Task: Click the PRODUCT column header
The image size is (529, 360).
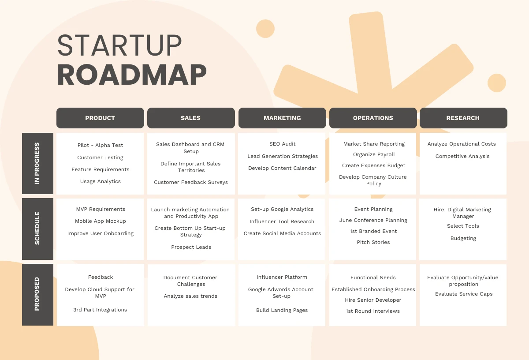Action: click(x=100, y=118)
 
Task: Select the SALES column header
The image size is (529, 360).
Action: click(x=191, y=118)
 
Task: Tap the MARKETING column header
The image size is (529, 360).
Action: click(x=282, y=118)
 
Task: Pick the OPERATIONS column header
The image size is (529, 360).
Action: click(x=373, y=118)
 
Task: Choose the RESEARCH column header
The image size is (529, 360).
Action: click(x=463, y=118)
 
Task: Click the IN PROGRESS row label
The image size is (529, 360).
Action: click(x=37, y=163)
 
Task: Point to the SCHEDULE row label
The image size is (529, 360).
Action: click(x=37, y=229)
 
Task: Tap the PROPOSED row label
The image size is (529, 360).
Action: click(x=37, y=295)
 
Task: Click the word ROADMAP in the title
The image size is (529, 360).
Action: click(x=132, y=75)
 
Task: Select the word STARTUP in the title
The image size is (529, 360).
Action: click(x=119, y=45)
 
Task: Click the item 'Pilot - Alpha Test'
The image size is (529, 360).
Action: click(x=101, y=145)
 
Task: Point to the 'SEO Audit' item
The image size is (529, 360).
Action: click(x=282, y=144)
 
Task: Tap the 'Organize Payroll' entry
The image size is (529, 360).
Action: click(x=374, y=154)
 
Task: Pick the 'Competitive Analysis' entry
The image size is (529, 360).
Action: click(x=462, y=156)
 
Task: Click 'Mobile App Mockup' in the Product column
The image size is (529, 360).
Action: click(x=101, y=221)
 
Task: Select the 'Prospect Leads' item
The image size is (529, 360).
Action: click(x=191, y=247)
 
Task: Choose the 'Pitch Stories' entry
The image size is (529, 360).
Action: click(x=373, y=242)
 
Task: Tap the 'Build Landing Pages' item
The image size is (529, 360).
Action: click(x=282, y=310)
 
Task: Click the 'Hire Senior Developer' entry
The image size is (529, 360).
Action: click(x=373, y=300)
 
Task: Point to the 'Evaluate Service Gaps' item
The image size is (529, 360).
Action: click(x=464, y=294)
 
